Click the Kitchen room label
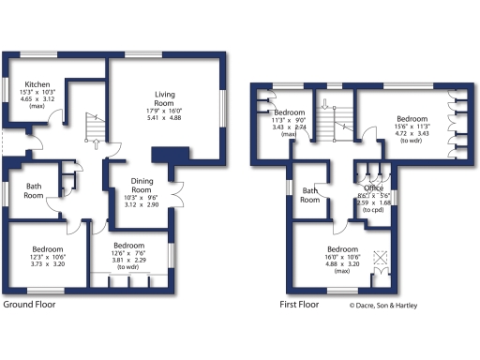pyautogui.click(x=37, y=83)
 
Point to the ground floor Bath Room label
pyautogui.click(x=34, y=191)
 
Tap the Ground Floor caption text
pyautogui.click(x=30, y=305)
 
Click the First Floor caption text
pyautogui.click(x=301, y=305)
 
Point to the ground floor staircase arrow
pyautogui.click(x=97, y=143)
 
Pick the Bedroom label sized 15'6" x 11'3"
pyautogui.click(x=412, y=120)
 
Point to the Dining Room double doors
pyautogui.click(x=174, y=180)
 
